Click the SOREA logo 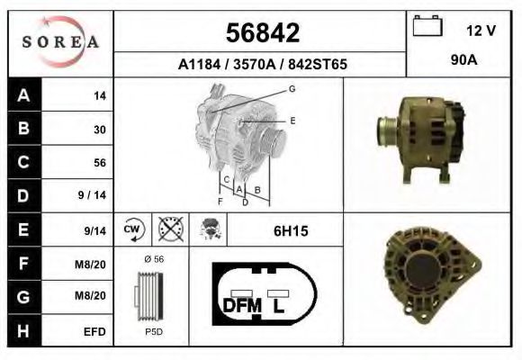(60, 41)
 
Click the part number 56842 (263, 32)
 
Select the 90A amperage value (463, 60)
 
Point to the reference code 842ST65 (318, 64)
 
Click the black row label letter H (23, 331)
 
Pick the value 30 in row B (100, 130)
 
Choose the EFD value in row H (94, 332)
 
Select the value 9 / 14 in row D (92, 195)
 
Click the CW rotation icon (133, 229)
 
